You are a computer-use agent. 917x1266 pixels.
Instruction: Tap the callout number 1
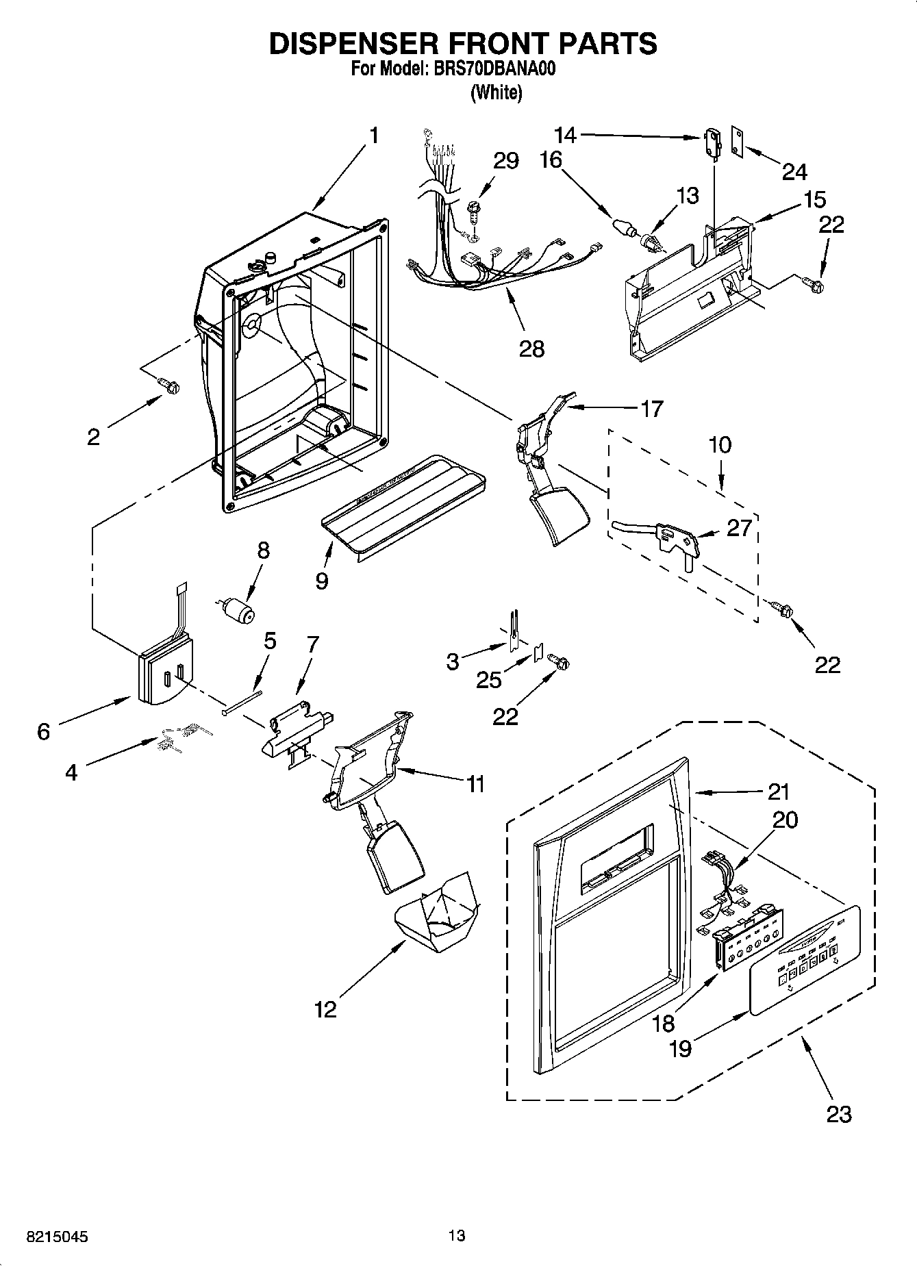coord(374,136)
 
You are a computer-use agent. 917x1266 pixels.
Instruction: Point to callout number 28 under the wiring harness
coord(531,349)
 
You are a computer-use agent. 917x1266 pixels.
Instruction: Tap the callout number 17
coord(651,409)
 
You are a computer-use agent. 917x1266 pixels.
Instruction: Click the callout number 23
coord(838,1114)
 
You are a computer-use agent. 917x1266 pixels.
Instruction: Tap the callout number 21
coord(778,792)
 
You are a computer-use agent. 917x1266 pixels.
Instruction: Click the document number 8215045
coord(57,1237)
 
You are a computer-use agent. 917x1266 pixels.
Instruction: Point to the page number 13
coord(457,1235)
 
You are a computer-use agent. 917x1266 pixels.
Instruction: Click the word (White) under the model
coord(496,92)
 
